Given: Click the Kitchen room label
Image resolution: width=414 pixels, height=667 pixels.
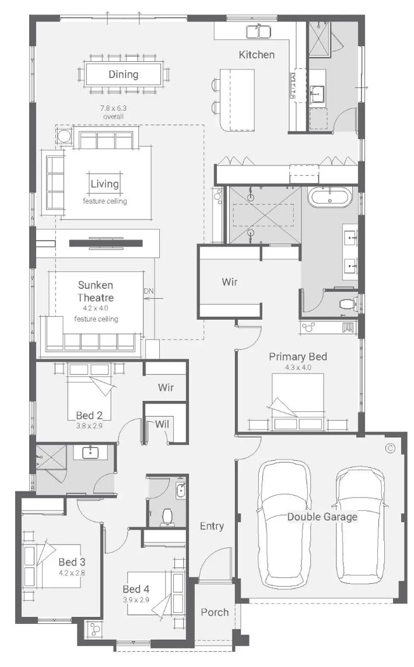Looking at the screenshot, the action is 257,54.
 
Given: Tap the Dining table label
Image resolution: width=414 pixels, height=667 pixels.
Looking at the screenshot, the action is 124,75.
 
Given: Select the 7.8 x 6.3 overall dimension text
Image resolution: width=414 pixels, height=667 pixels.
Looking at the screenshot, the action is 113,112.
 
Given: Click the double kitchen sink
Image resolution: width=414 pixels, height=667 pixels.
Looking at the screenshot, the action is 259,31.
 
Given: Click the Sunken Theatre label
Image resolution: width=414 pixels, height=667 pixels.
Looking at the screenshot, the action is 96,291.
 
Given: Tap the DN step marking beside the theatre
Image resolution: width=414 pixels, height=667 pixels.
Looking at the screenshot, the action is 148,291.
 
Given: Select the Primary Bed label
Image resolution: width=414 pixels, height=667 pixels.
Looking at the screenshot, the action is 298,357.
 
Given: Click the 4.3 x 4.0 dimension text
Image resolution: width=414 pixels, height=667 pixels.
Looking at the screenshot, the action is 298,368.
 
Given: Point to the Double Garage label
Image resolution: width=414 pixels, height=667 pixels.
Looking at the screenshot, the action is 322,517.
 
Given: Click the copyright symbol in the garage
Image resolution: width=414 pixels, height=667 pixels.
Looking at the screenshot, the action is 390,448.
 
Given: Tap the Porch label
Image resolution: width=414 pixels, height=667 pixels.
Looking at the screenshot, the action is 215,612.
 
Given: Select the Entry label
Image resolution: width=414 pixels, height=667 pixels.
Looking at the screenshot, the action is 212,526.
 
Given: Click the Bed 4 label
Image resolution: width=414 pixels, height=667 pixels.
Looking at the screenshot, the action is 136,589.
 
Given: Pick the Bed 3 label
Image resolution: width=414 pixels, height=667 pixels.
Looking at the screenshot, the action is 72,562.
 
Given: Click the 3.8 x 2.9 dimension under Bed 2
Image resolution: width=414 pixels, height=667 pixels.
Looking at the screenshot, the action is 89,425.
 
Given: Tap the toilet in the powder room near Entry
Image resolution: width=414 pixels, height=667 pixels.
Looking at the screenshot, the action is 167,516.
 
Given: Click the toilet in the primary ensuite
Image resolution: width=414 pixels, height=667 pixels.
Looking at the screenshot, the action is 348,303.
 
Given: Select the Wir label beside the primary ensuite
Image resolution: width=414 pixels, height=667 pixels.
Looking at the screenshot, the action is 230,281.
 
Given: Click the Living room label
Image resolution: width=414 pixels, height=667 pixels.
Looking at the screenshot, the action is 105,183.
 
